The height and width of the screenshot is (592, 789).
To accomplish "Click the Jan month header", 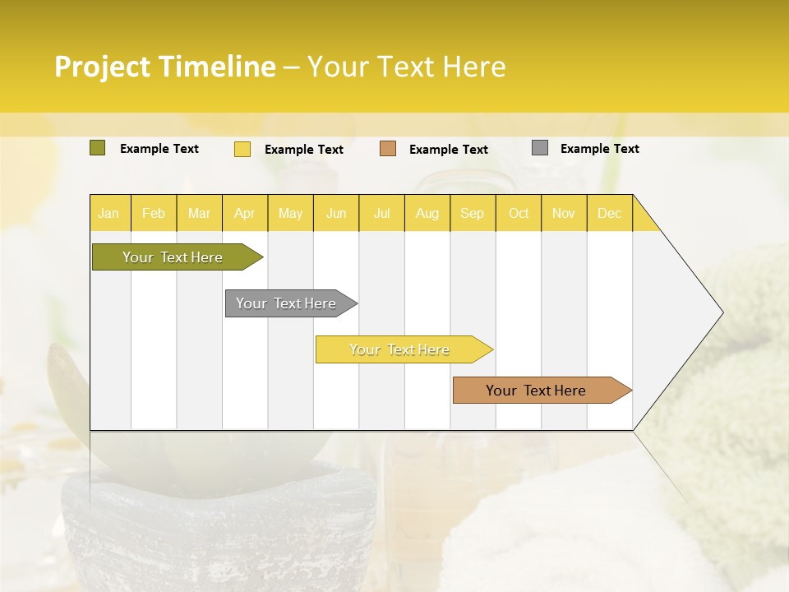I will tap(109, 213).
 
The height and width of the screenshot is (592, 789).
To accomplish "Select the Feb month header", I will tap(154, 213).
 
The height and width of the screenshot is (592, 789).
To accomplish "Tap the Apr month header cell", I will tap(245, 213).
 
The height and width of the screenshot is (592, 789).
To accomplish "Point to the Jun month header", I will tap(336, 213).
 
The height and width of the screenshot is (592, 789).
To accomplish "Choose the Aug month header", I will tap(427, 213).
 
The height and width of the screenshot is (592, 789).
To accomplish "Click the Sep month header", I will tap(473, 213).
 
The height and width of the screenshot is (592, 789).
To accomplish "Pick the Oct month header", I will tap(519, 213).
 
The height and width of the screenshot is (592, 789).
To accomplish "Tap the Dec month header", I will tap(610, 213).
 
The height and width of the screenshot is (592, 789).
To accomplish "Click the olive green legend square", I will tap(98, 148).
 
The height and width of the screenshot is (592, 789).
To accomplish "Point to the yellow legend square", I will tap(242, 149).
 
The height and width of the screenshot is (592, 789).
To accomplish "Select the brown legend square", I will tap(388, 149).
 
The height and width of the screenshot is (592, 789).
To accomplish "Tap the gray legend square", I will tap(540, 148).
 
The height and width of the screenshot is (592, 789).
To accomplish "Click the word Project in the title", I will tap(102, 67).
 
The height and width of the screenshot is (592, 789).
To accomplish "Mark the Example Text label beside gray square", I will tap(599, 149).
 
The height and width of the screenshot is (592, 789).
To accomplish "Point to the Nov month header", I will tap(564, 213).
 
